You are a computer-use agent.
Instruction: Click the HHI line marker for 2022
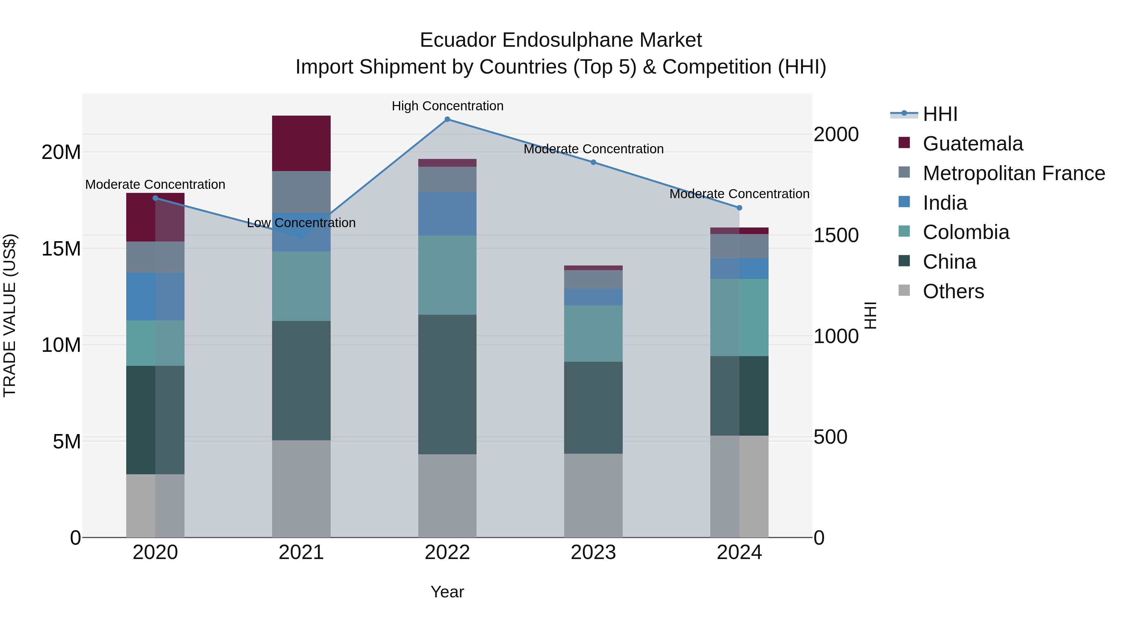447,119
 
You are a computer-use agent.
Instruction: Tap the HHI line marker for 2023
593,162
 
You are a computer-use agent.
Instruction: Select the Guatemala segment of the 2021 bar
301,143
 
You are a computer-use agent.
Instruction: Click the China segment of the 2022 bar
447,385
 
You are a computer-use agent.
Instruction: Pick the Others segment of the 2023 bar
593,495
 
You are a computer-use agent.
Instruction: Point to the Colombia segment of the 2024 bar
739,318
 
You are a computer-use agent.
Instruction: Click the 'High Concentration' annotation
447,106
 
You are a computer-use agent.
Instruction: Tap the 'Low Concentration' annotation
301,223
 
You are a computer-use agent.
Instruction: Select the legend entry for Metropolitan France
1014,173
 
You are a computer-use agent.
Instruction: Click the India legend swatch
904,202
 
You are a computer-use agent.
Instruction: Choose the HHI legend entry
940,114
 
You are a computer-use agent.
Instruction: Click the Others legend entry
953,291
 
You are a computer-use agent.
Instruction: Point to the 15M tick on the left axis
61,249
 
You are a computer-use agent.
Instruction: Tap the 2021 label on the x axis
301,552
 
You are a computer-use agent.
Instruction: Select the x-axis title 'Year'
447,592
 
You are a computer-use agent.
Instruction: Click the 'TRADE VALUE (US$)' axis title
10,315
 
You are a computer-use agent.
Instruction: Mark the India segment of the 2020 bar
155,297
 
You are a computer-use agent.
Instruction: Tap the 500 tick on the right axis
830,437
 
